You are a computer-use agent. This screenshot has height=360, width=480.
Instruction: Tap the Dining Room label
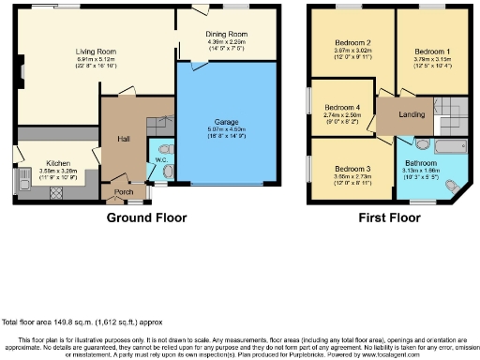tap(226, 33)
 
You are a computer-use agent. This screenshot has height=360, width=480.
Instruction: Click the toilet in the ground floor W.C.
tap(167, 170)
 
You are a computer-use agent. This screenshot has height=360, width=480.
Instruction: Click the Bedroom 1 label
tap(432, 50)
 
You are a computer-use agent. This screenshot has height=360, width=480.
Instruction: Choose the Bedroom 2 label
tap(352, 43)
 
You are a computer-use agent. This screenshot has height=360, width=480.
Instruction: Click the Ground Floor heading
tap(145, 217)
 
